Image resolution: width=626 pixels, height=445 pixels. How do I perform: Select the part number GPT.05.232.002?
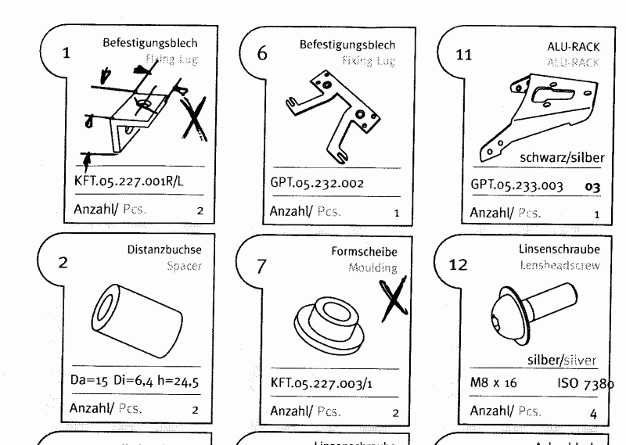point(317,183)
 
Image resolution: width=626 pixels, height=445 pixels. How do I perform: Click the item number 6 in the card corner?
point(262,53)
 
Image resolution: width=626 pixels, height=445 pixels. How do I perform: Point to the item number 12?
point(459,264)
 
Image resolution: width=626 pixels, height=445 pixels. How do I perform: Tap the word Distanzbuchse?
point(164,250)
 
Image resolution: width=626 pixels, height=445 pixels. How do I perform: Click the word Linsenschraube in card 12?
point(559,249)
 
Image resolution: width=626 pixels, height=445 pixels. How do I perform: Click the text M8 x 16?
point(492,383)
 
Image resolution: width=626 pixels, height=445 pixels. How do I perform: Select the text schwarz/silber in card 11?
point(562,157)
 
